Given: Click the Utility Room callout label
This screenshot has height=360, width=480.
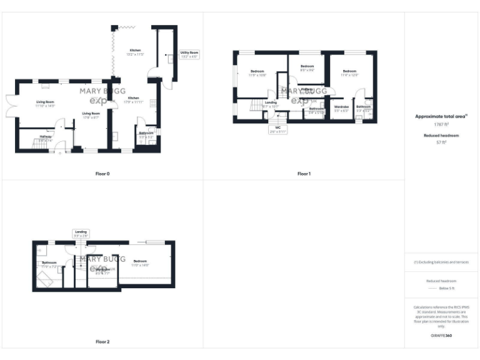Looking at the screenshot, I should (x=189, y=54).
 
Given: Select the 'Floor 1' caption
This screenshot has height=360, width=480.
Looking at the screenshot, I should (x=304, y=173).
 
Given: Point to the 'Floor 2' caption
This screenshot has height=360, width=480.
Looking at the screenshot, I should (x=102, y=342).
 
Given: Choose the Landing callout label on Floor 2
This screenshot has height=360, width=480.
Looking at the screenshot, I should (x=81, y=233).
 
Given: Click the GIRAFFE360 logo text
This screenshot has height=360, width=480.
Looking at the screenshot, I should (x=442, y=336).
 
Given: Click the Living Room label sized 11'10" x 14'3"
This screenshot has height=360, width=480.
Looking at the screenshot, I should (x=44, y=104).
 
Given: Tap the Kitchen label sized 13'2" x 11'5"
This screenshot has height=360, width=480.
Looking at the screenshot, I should (x=136, y=52).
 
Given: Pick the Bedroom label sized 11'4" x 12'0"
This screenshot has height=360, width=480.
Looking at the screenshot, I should (x=349, y=73).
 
